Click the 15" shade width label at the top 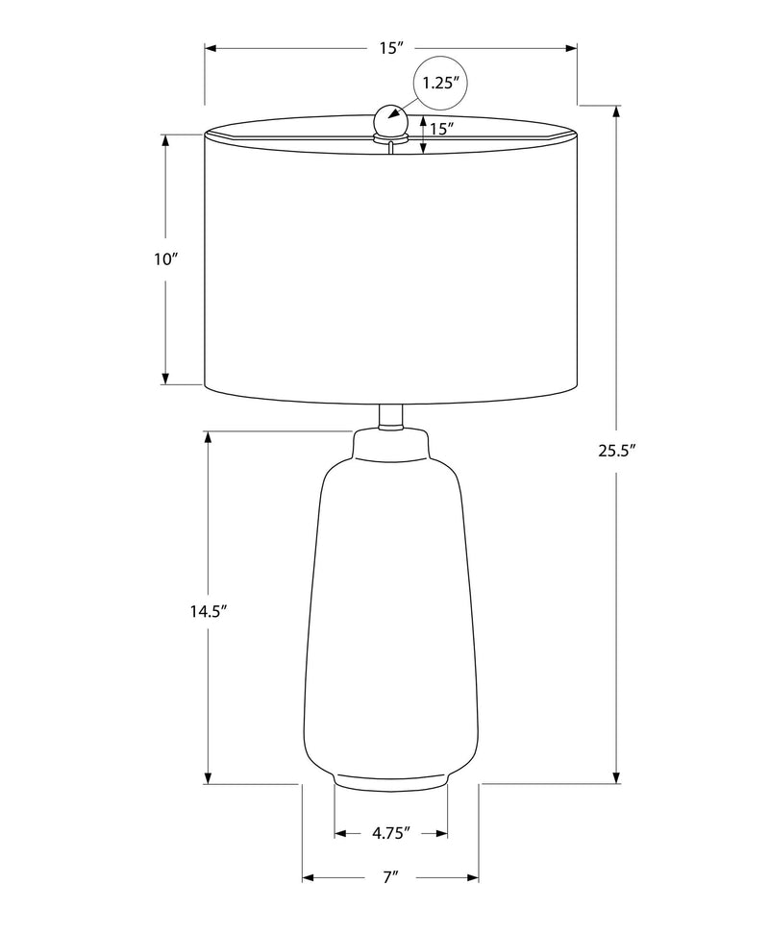pos(388,48)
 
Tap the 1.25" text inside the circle pos(442,84)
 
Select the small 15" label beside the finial pos(441,128)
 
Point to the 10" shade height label pos(166,259)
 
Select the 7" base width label pos(390,876)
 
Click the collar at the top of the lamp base pos(391,444)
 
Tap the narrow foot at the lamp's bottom pos(391,780)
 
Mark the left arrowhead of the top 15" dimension pos(211,47)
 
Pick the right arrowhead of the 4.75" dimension pos(442,832)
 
